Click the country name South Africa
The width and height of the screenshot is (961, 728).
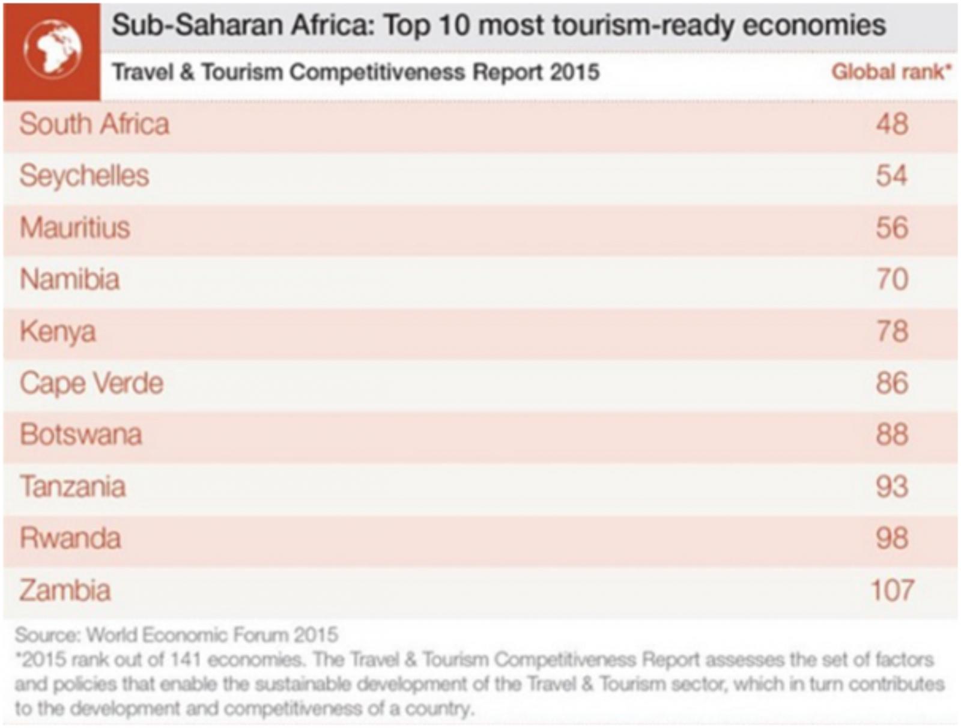(94, 124)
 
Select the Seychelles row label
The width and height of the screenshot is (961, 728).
(84, 176)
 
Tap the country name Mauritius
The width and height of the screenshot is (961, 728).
(75, 228)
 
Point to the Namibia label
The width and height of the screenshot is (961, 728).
(70, 280)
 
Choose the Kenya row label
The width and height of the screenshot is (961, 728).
(58, 332)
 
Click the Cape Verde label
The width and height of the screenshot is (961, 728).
(91, 383)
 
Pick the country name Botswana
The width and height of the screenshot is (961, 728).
(81, 435)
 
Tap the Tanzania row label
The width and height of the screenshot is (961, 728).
(73, 487)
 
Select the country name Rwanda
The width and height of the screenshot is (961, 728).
(70, 538)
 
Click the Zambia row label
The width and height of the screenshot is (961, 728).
(65, 590)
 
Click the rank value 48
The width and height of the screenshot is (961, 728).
(892, 124)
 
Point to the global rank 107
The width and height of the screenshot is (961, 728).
(893, 590)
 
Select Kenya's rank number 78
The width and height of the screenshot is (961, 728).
(892, 332)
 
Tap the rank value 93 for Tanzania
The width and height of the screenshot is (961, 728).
(892, 487)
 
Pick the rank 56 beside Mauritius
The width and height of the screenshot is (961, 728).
(892, 228)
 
